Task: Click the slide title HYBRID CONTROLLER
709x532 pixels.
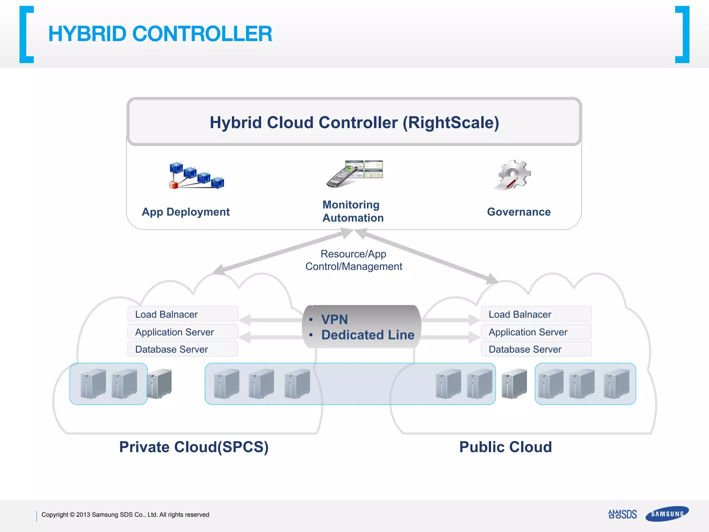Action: pos(160,34)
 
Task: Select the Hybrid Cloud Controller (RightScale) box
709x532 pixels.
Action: pos(354,122)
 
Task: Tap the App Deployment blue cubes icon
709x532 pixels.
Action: pos(196,175)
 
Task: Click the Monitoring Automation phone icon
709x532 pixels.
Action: pos(354,174)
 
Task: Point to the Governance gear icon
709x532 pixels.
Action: pos(513,175)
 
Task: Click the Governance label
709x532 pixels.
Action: pos(519,212)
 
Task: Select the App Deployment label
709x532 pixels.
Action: pos(186,212)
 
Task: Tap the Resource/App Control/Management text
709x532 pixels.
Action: pos(353,260)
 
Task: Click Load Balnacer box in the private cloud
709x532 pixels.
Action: pos(182,314)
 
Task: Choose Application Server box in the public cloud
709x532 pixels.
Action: pos(536,332)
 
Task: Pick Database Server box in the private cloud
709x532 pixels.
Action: pos(182,349)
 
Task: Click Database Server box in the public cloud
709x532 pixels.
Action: pos(536,349)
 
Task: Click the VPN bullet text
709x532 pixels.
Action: pos(334,319)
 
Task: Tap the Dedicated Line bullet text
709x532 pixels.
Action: pos(368,335)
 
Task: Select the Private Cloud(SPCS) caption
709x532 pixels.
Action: pos(194,447)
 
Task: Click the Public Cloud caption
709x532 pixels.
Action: pos(505,447)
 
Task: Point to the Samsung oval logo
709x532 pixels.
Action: pos(667,514)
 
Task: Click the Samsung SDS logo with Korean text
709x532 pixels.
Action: pos(622,514)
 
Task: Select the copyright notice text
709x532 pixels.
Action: pos(125,515)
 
